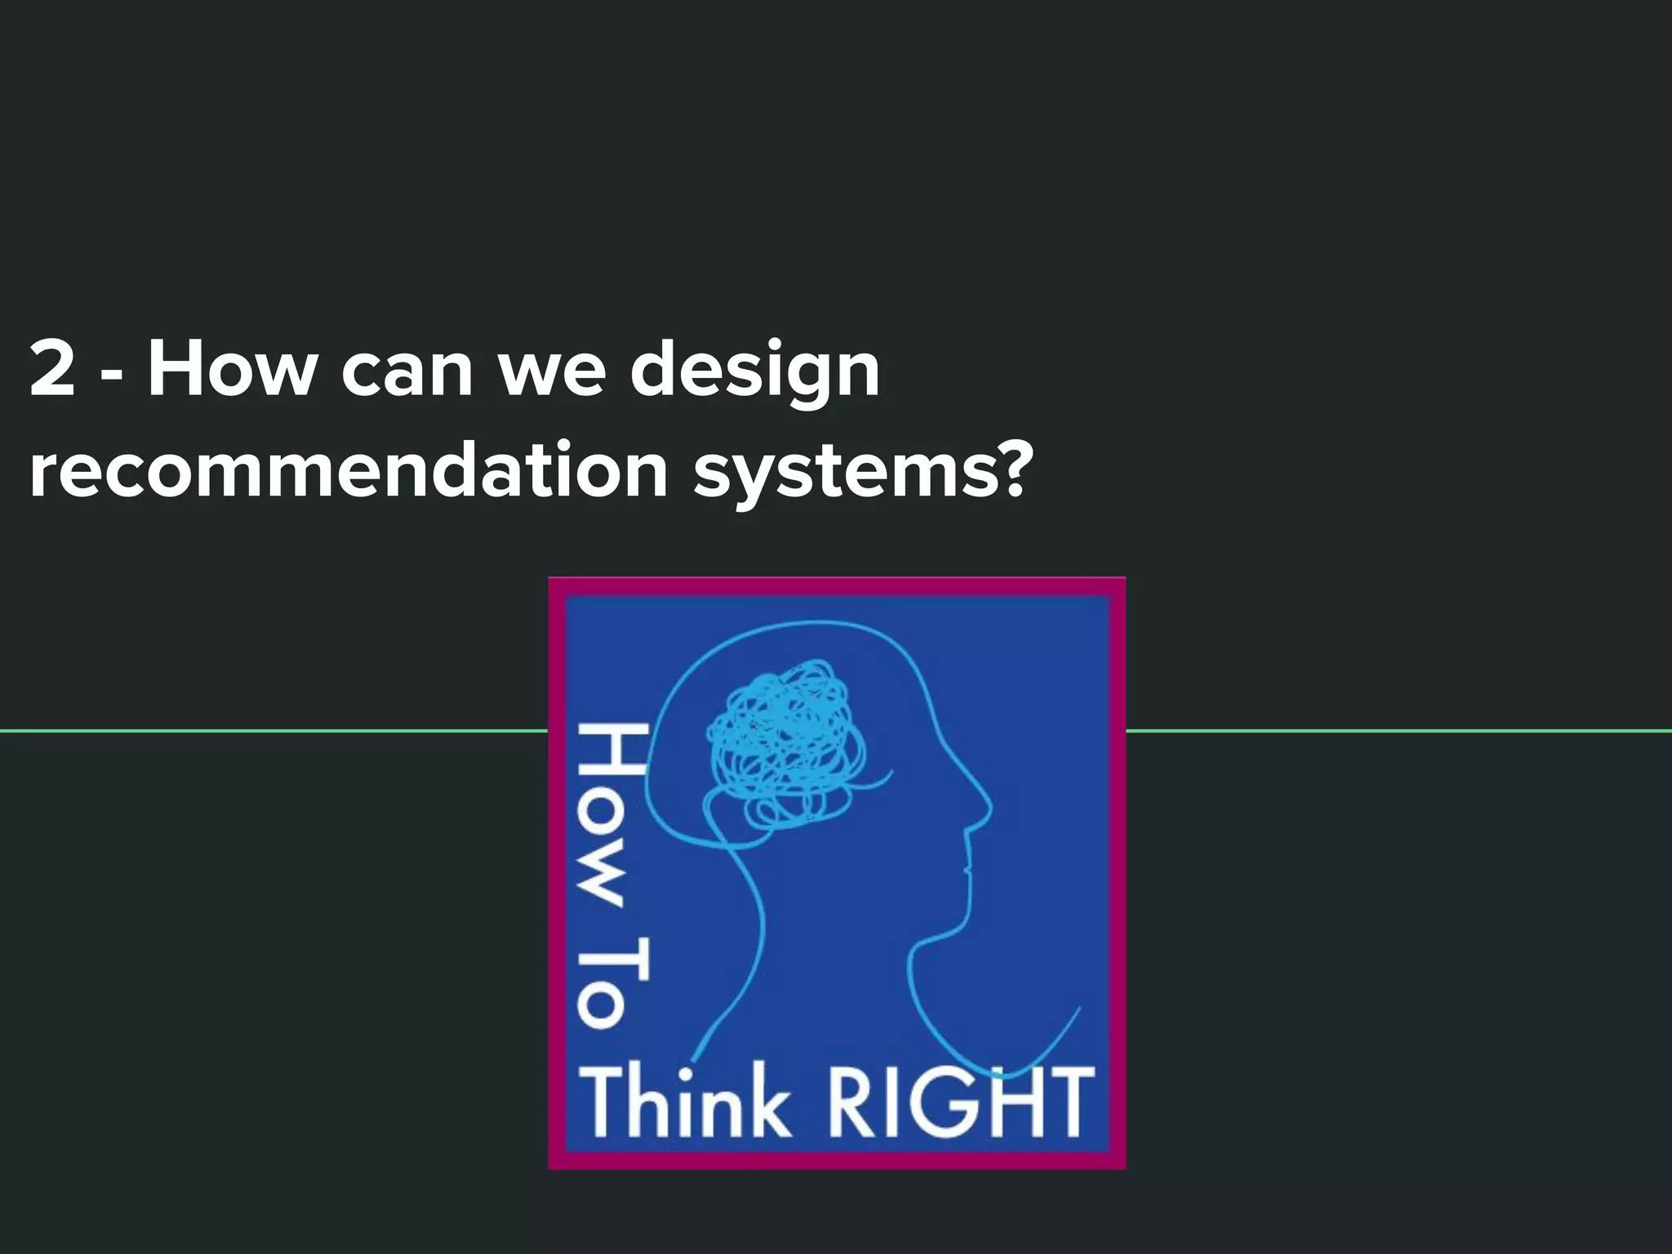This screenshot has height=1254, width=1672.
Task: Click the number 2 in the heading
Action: tap(52, 370)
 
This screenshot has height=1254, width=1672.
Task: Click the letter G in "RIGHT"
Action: tap(946, 1102)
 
